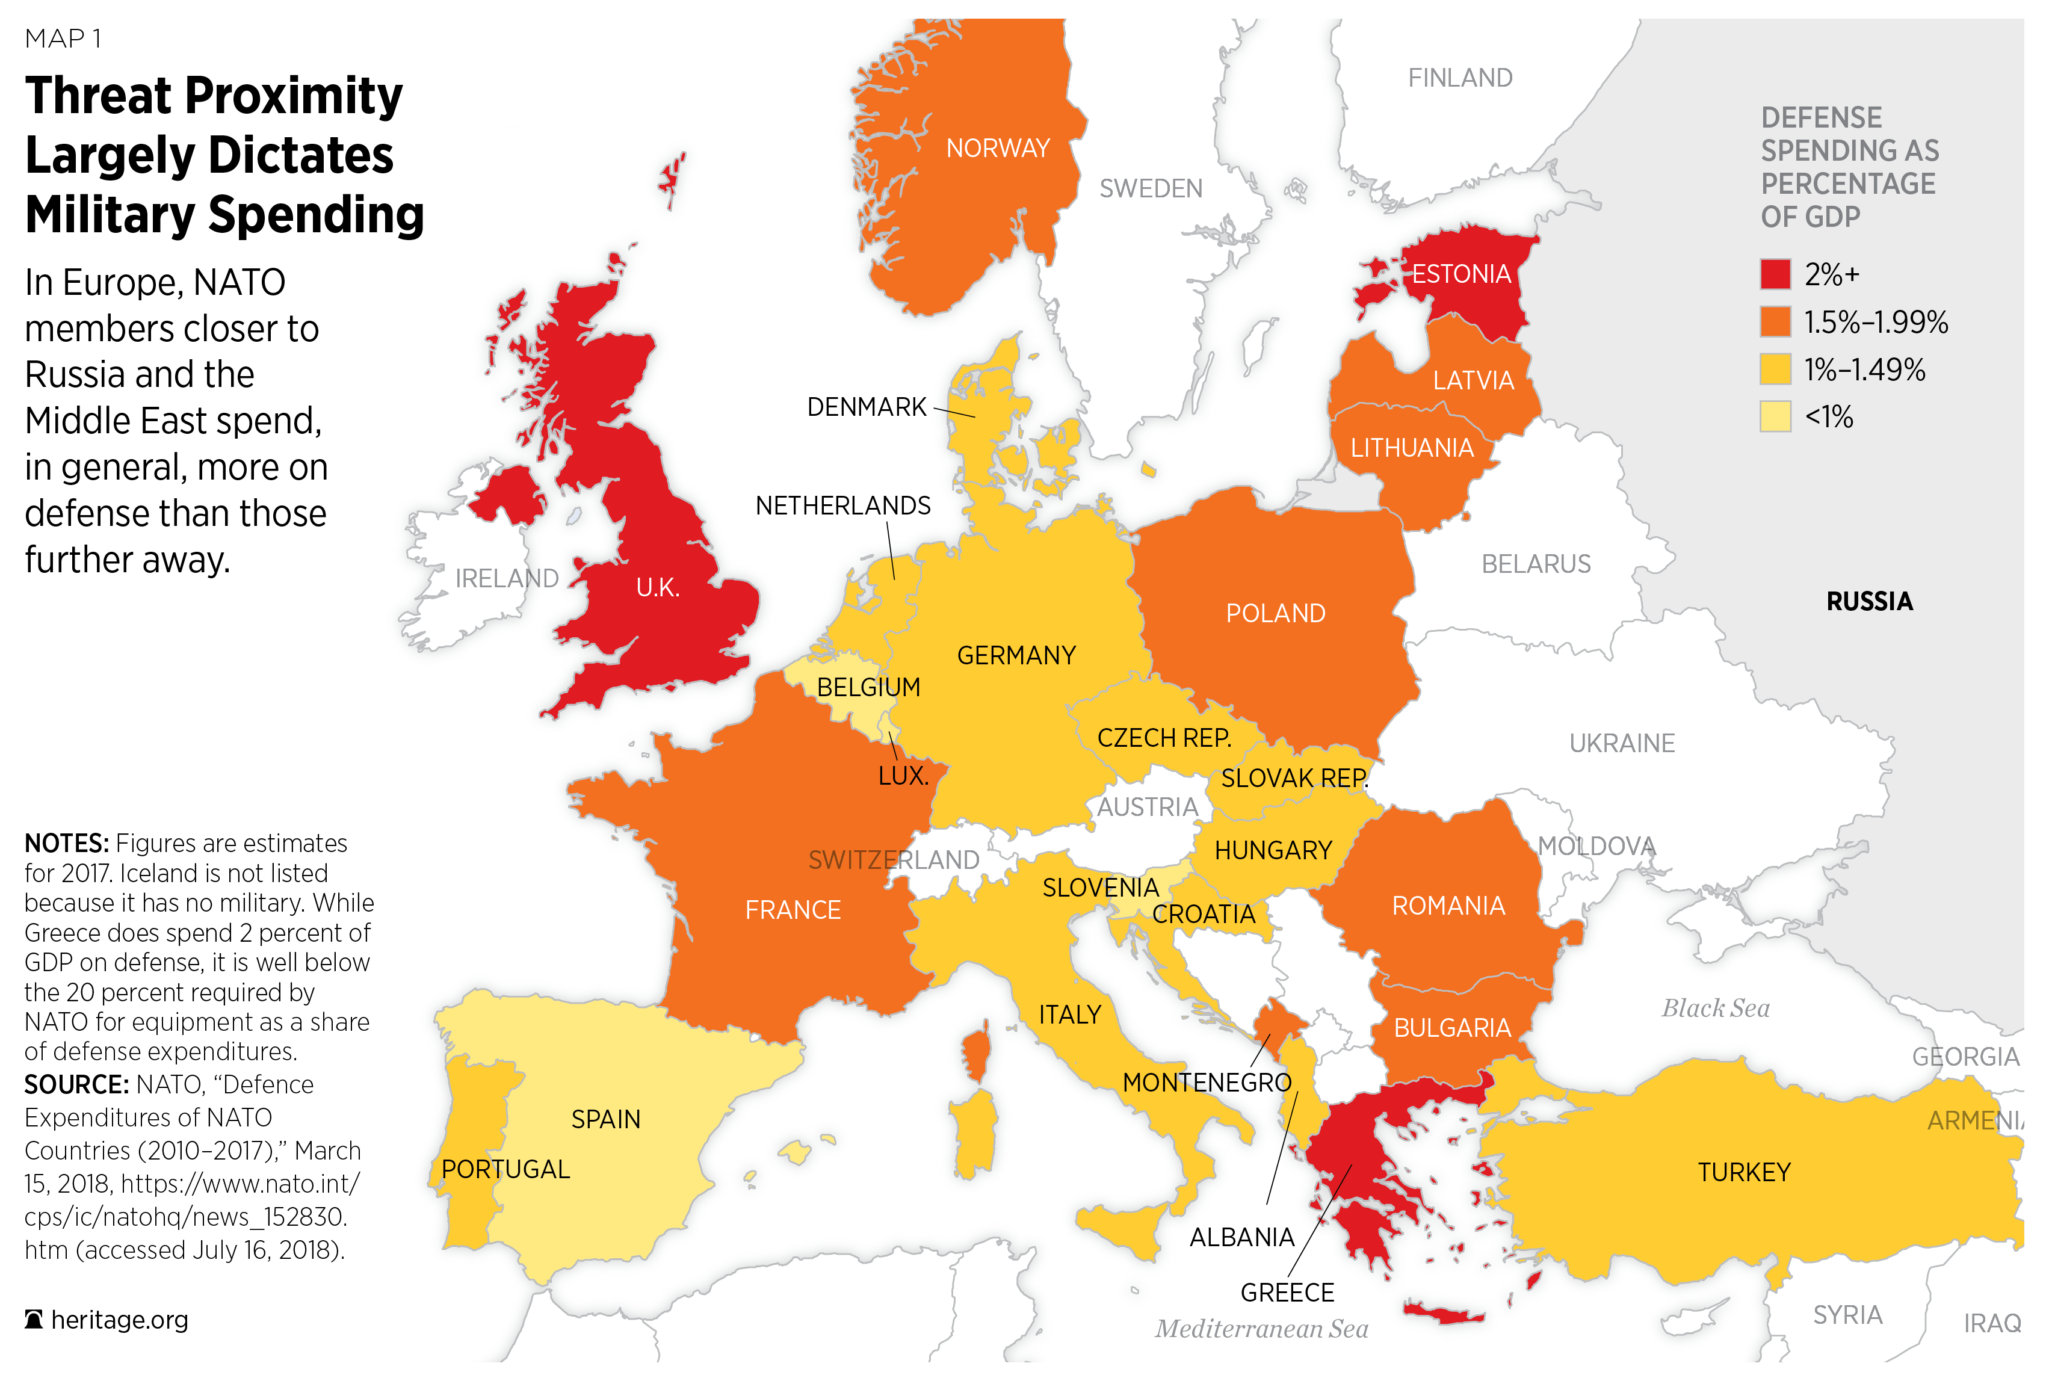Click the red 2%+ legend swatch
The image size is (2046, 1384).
point(1775,274)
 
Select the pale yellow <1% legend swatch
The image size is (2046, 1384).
point(1775,416)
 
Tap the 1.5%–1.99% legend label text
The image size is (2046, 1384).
point(1875,322)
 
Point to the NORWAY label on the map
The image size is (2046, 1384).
point(998,148)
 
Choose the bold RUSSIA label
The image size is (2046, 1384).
point(1869,601)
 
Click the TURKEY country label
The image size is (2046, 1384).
point(1743,1172)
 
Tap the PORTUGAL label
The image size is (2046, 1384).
point(505,1169)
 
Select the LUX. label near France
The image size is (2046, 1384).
point(903,776)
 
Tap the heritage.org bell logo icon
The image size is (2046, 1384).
point(34,1320)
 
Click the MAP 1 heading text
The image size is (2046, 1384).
point(63,39)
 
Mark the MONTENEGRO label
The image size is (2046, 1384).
point(1206,1082)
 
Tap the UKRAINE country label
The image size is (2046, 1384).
point(1622,743)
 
